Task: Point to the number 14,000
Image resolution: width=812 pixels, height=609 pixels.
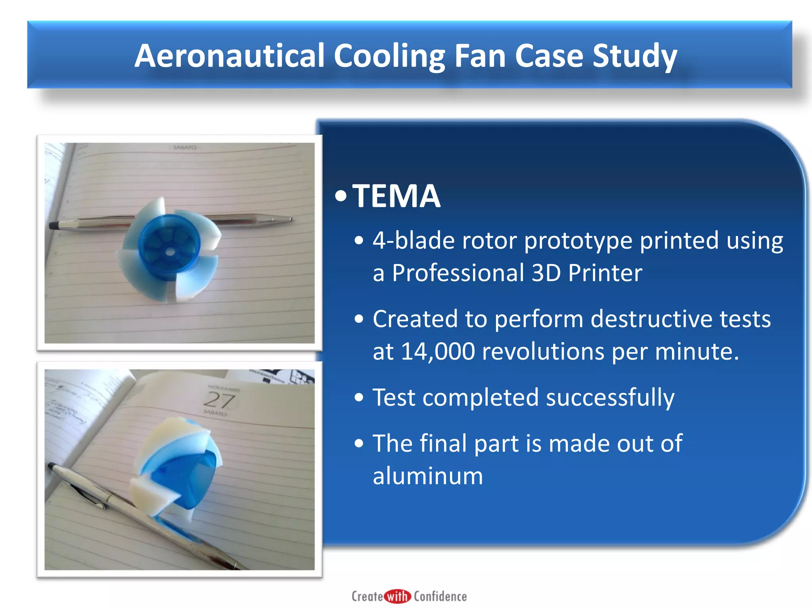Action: pyautogui.click(x=438, y=351)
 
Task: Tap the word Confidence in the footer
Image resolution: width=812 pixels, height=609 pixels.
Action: pyautogui.click(x=440, y=596)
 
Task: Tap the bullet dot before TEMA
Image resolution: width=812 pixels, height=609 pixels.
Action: pyautogui.click(x=340, y=196)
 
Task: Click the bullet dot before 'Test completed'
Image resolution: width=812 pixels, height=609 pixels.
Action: pyautogui.click(x=359, y=398)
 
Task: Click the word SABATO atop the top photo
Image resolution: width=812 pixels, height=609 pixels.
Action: pyautogui.click(x=185, y=147)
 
